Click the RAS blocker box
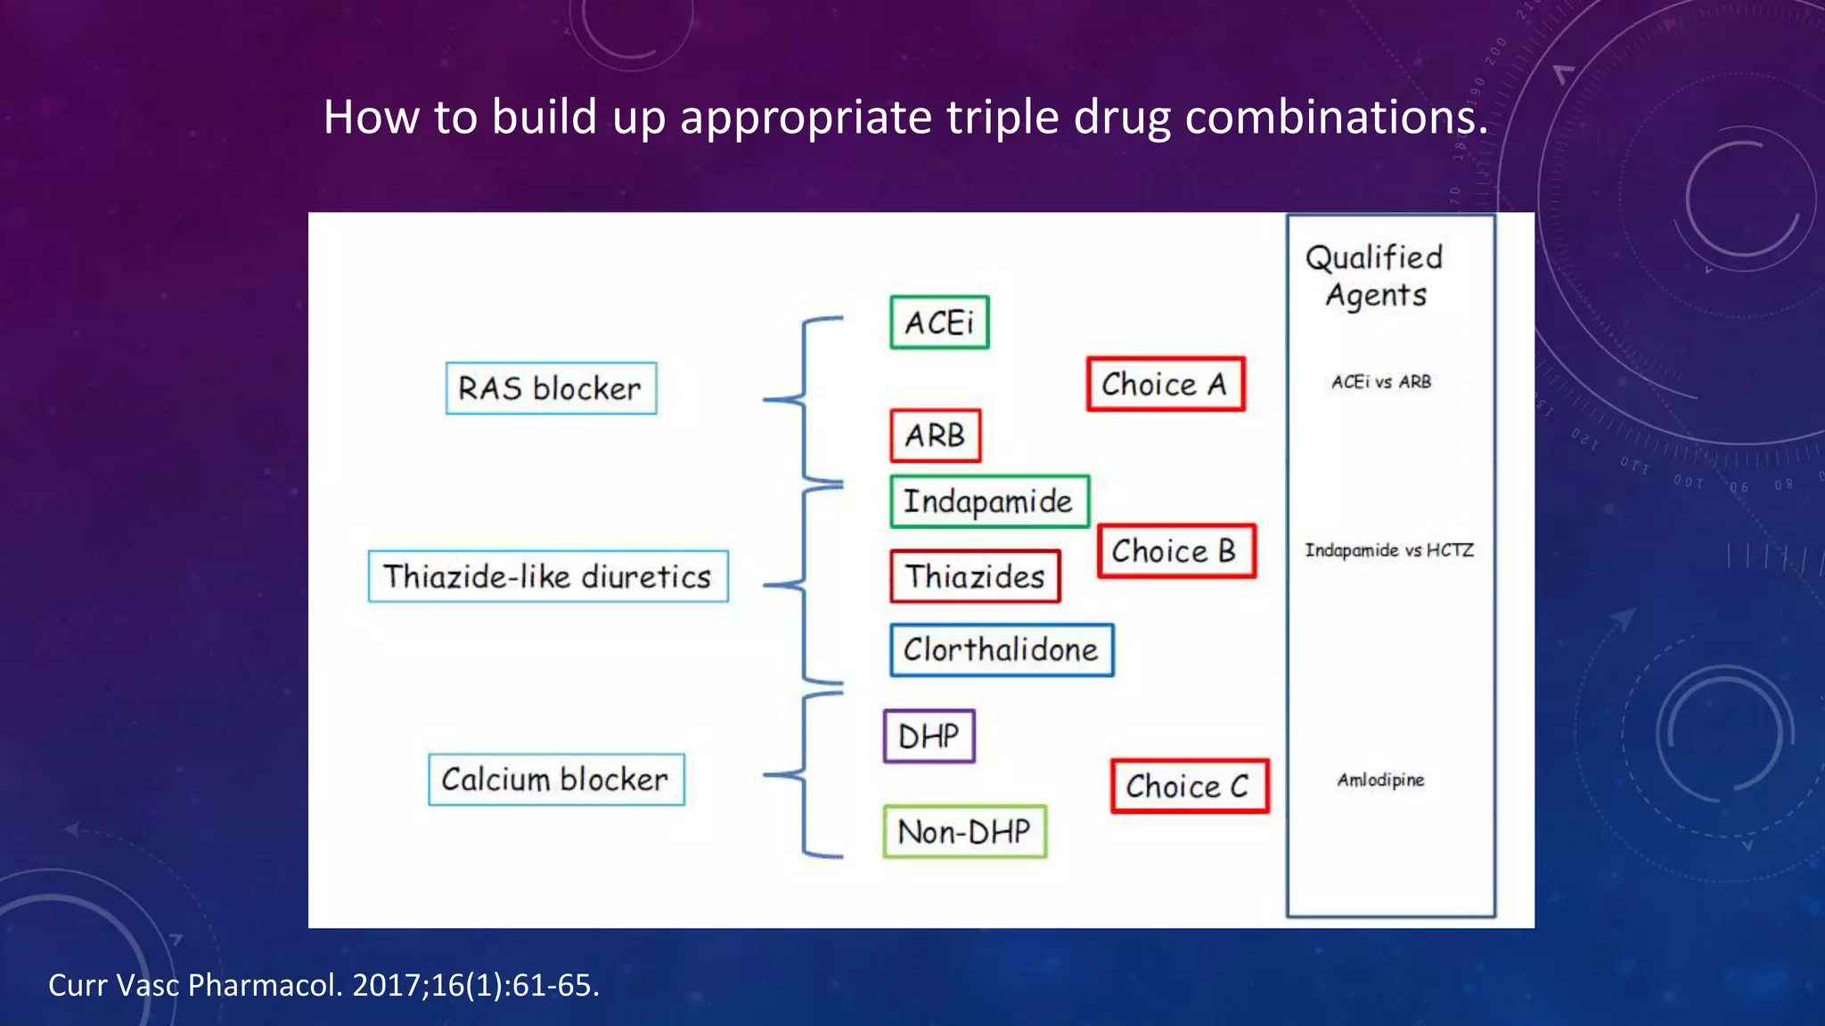pos(551,388)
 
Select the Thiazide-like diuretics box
pos(548,576)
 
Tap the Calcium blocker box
pos(556,779)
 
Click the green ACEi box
pos(939,322)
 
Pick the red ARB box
pos(935,436)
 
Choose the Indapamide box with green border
pos(989,501)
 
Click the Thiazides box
pos(975,576)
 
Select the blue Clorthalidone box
pos(1002,650)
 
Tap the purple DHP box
pos(929,737)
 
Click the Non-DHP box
pos(964,832)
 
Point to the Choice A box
pos(1165,384)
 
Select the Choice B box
pos(1175,551)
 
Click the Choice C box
pos(1189,786)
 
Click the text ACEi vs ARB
pos(1381,382)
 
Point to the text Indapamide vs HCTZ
pos(1389,550)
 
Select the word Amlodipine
pos(1380,780)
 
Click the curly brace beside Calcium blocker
pos(804,775)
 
